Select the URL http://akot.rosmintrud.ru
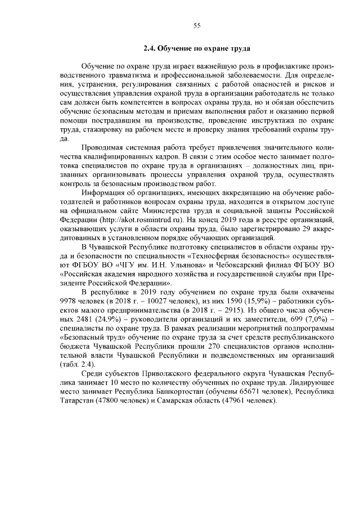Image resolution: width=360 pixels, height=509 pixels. pyautogui.click(x=143, y=218)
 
